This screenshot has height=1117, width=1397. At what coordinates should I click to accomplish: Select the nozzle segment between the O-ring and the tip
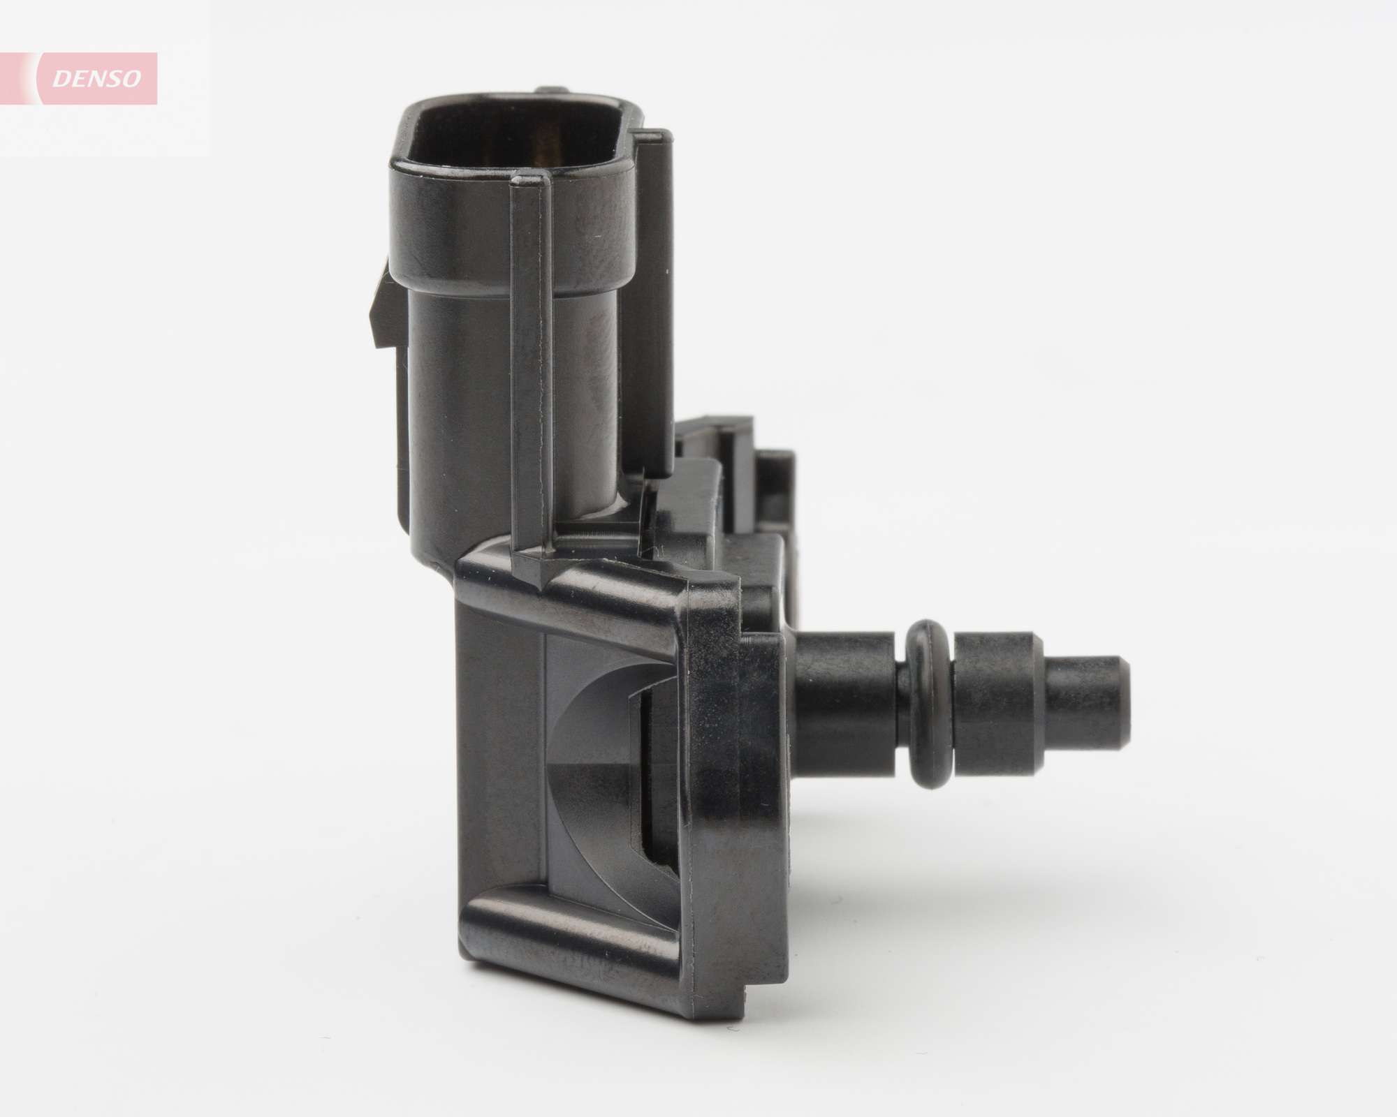(992, 705)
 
